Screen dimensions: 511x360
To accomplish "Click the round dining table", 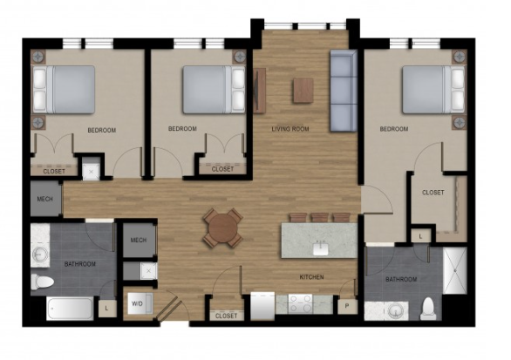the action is pyautogui.click(x=223, y=228).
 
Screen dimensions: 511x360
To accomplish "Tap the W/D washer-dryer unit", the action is pyautogui.click(x=140, y=303).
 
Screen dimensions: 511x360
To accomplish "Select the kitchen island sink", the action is pyautogui.click(x=320, y=249).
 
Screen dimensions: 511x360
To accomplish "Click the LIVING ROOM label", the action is pyautogui.click(x=290, y=129).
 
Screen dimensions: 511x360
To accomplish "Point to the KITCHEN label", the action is pyautogui.click(x=311, y=277).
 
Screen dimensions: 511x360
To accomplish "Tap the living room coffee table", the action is pyautogui.click(x=303, y=90).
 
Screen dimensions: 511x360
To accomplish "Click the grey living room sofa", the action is pyautogui.click(x=344, y=91).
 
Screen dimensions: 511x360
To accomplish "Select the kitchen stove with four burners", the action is pyautogui.click(x=300, y=303).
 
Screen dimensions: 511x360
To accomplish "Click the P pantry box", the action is pyautogui.click(x=347, y=306).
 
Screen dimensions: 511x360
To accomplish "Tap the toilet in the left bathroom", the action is pyautogui.click(x=43, y=282).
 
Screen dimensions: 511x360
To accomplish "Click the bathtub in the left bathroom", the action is pyautogui.click(x=70, y=309).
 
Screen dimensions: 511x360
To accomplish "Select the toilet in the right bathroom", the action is pyautogui.click(x=428, y=309).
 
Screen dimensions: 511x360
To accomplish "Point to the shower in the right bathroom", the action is pyautogui.click(x=455, y=270).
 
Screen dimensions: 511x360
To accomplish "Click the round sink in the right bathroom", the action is pyautogui.click(x=396, y=311).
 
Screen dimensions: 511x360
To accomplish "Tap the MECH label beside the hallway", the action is pyautogui.click(x=45, y=199).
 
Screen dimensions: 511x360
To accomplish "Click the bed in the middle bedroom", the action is pyautogui.click(x=214, y=90).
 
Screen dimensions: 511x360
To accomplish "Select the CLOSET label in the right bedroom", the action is pyautogui.click(x=433, y=193).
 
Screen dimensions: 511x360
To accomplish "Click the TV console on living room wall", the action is pyautogui.click(x=259, y=91).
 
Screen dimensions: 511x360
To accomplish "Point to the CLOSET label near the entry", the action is pyautogui.click(x=227, y=316).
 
